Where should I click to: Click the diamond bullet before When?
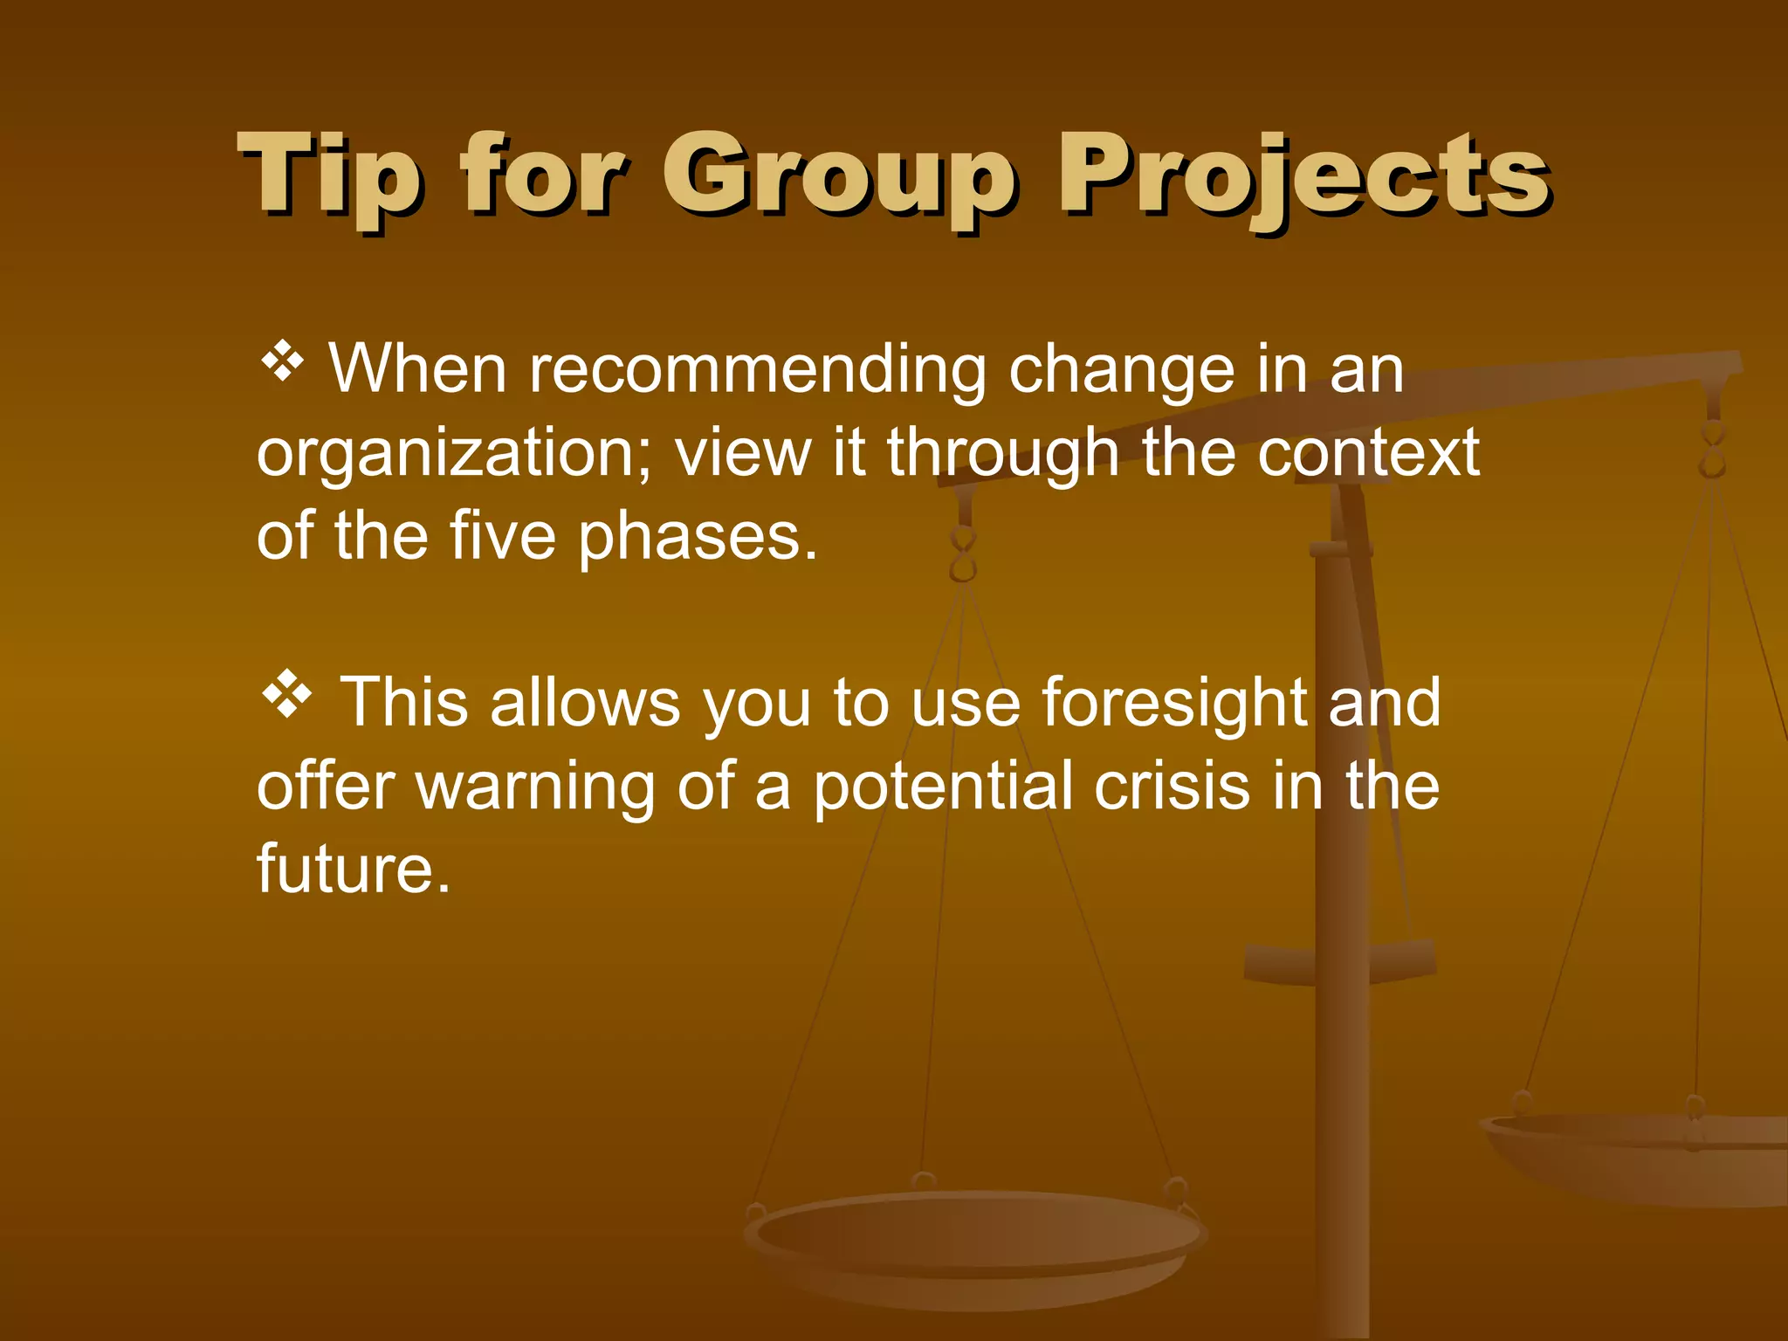[x=282, y=361]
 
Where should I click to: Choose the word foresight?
[x=1174, y=702]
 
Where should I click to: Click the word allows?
[x=584, y=702]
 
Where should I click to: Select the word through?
[x=1003, y=454]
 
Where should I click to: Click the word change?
[x=1121, y=370]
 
